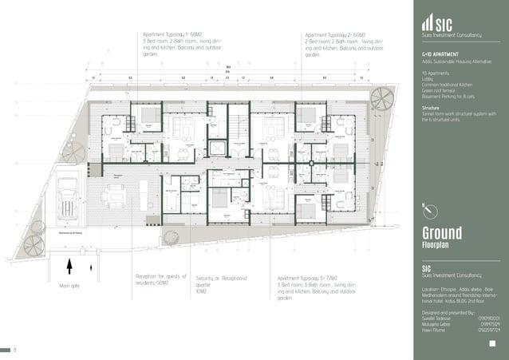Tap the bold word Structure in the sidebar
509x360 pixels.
[431, 107]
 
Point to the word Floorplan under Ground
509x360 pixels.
[438, 246]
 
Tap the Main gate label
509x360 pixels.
[71, 285]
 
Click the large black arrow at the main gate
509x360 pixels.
[70, 266]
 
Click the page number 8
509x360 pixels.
[14, 350]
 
